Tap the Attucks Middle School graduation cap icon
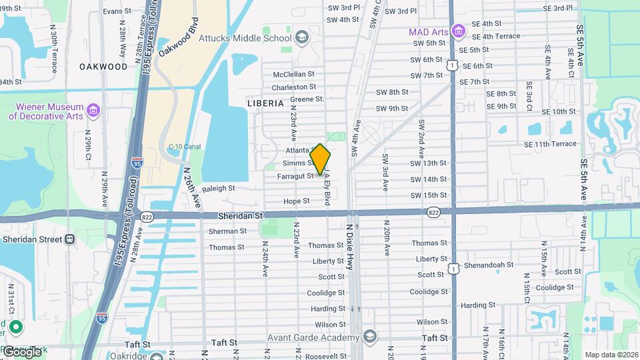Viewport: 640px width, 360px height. point(302,36)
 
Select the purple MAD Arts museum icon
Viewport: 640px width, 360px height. point(457,31)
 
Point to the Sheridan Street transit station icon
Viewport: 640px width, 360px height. point(69,239)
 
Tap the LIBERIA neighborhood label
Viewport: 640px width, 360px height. point(265,103)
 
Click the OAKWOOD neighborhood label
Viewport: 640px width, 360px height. point(103,67)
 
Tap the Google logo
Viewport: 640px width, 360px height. point(21,351)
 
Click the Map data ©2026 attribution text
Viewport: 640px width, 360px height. point(611,355)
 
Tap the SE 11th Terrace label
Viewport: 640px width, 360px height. point(550,144)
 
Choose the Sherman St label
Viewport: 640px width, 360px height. point(227,231)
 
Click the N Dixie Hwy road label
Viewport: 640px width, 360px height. point(350,247)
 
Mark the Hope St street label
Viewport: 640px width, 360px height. point(296,201)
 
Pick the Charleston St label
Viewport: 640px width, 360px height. point(294,87)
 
